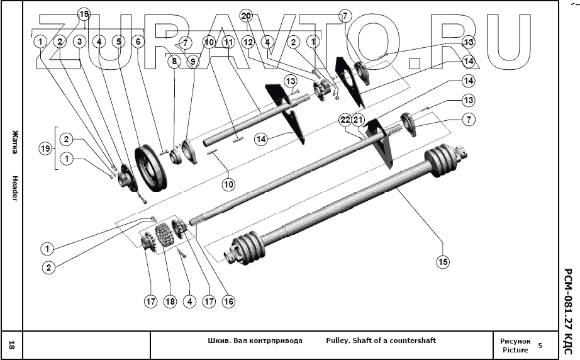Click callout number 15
[443, 261]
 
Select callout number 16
[228, 301]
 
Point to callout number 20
[246, 14]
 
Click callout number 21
[359, 120]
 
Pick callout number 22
[345, 120]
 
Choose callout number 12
[248, 42]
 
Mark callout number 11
[228, 42]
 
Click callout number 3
[79, 42]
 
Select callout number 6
[138, 42]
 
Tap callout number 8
[174, 62]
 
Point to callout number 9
[192, 62]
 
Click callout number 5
[118, 42]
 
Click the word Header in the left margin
[13, 188]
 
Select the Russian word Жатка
[13, 138]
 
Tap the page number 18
[12, 344]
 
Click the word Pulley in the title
[338, 340]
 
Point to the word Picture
[515, 350]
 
